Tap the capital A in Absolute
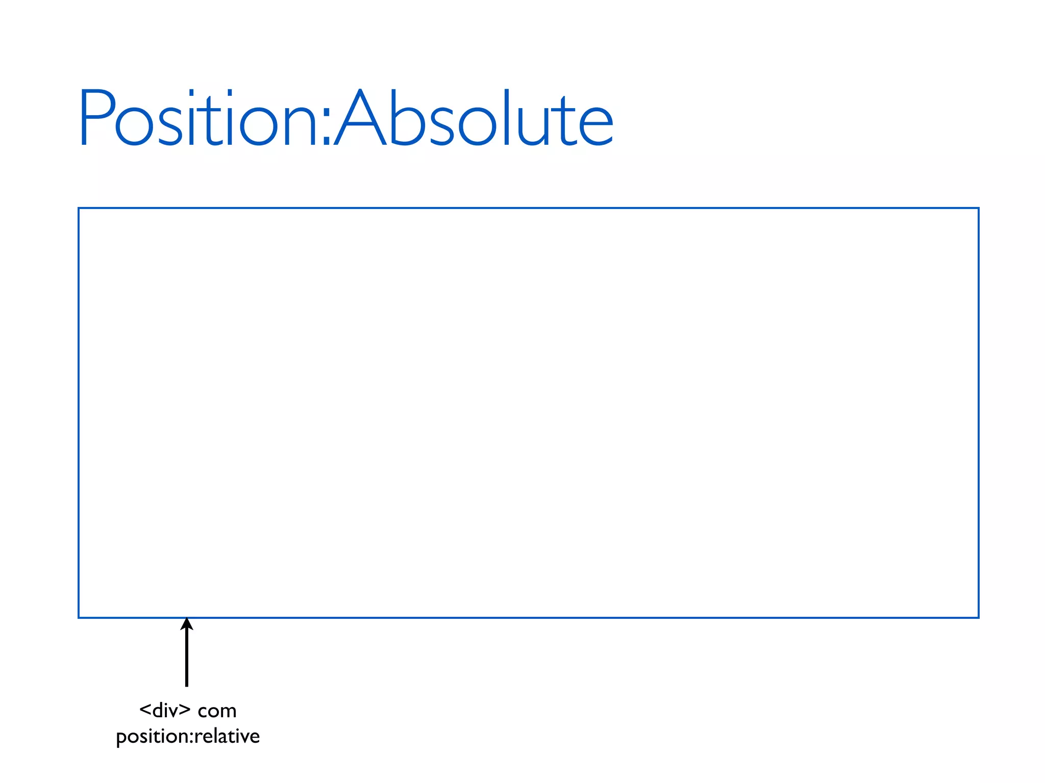point(360,118)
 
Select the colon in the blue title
point(327,128)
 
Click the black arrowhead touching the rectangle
point(187,624)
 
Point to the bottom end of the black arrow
point(187,685)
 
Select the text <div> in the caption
point(165,710)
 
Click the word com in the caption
point(217,712)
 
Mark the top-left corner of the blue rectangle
point(79,208)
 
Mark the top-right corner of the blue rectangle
point(978,208)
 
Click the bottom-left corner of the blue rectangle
point(79,618)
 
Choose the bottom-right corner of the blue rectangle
point(978,618)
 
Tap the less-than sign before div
point(145,710)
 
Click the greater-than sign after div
point(185,710)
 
